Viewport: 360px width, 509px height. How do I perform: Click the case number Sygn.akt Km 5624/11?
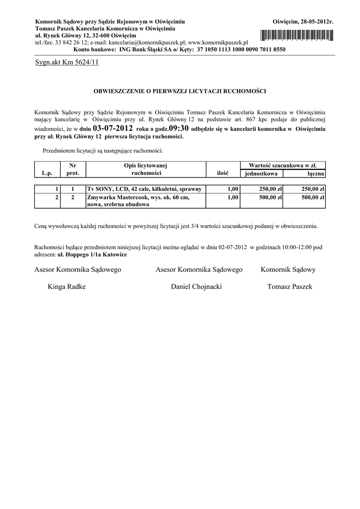67,63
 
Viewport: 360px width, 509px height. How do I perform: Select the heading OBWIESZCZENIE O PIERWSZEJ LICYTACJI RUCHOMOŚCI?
180,91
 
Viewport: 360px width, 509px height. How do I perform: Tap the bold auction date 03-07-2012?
113,128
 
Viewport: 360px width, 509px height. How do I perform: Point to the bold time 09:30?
179,128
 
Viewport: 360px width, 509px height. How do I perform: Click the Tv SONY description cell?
144,189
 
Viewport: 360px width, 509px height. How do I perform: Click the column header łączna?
316,173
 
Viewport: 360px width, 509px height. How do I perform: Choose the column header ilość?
222,173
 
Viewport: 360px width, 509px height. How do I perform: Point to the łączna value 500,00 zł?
313,197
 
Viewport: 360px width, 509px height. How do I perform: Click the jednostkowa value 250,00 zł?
270,189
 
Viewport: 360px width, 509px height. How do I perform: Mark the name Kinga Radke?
67,287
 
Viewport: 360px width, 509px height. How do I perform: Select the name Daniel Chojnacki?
196,287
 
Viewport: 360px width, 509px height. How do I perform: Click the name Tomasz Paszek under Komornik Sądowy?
290,287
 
